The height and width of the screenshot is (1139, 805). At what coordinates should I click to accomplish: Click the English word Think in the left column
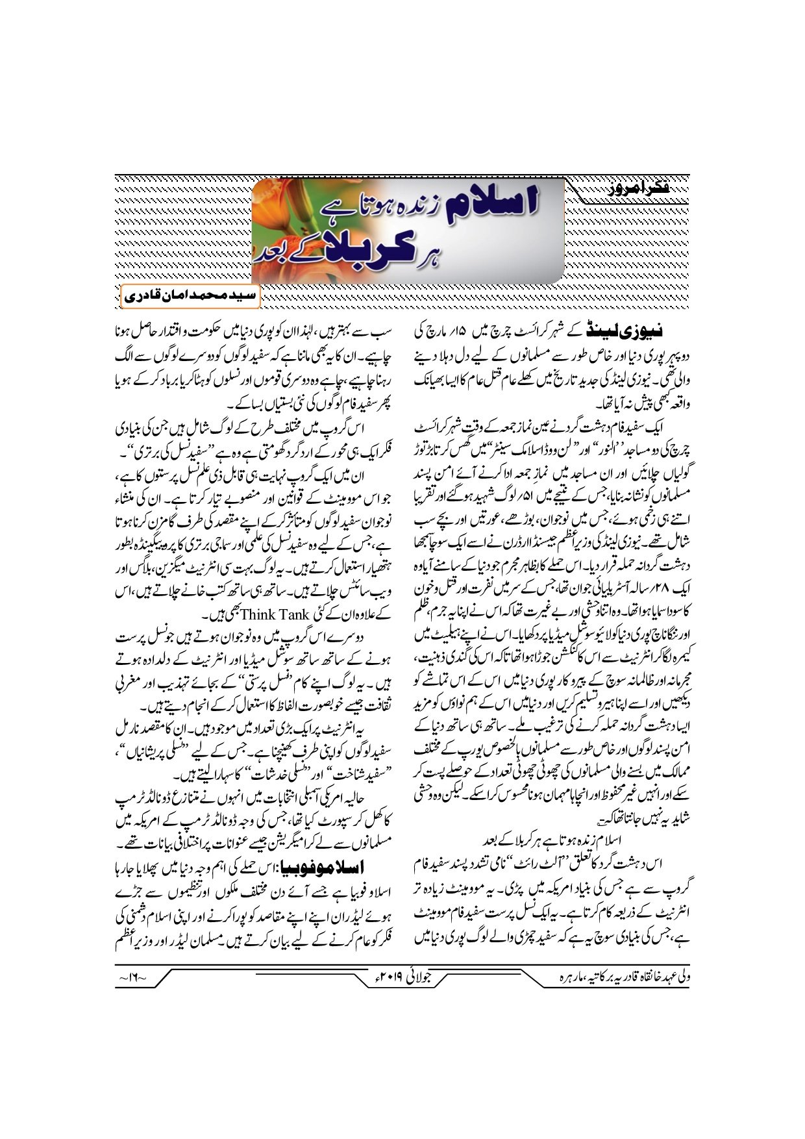click(x=261, y=614)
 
